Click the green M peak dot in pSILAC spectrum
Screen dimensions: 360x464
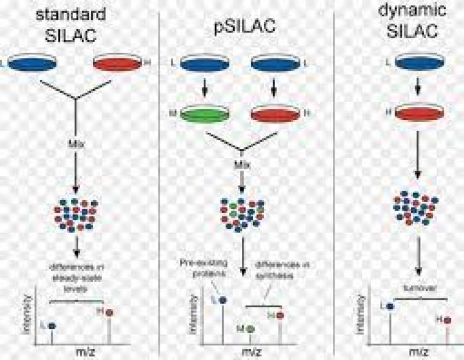click(x=251, y=328)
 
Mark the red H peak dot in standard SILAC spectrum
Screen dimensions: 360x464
click(x=109, y=312)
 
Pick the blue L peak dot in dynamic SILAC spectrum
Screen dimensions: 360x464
click(x=390, y=305)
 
